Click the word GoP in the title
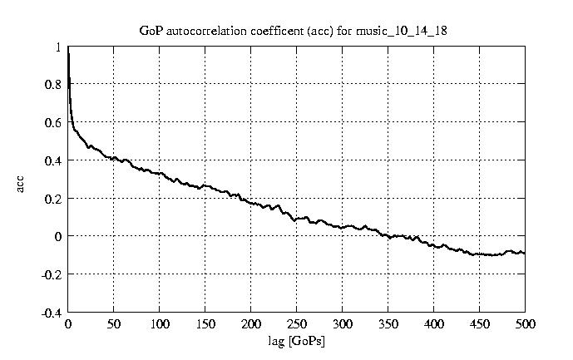click(149, 31)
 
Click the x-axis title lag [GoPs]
click(297, 340)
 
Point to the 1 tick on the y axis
click(57, 47)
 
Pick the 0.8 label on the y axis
click(53, 85)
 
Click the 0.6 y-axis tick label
click(53, 123)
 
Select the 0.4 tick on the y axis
click(53, 160)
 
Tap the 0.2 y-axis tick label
click(53, 199)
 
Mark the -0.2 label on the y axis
click(52, 274)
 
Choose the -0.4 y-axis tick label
click(52, 313)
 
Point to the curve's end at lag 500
click(525, 253)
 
